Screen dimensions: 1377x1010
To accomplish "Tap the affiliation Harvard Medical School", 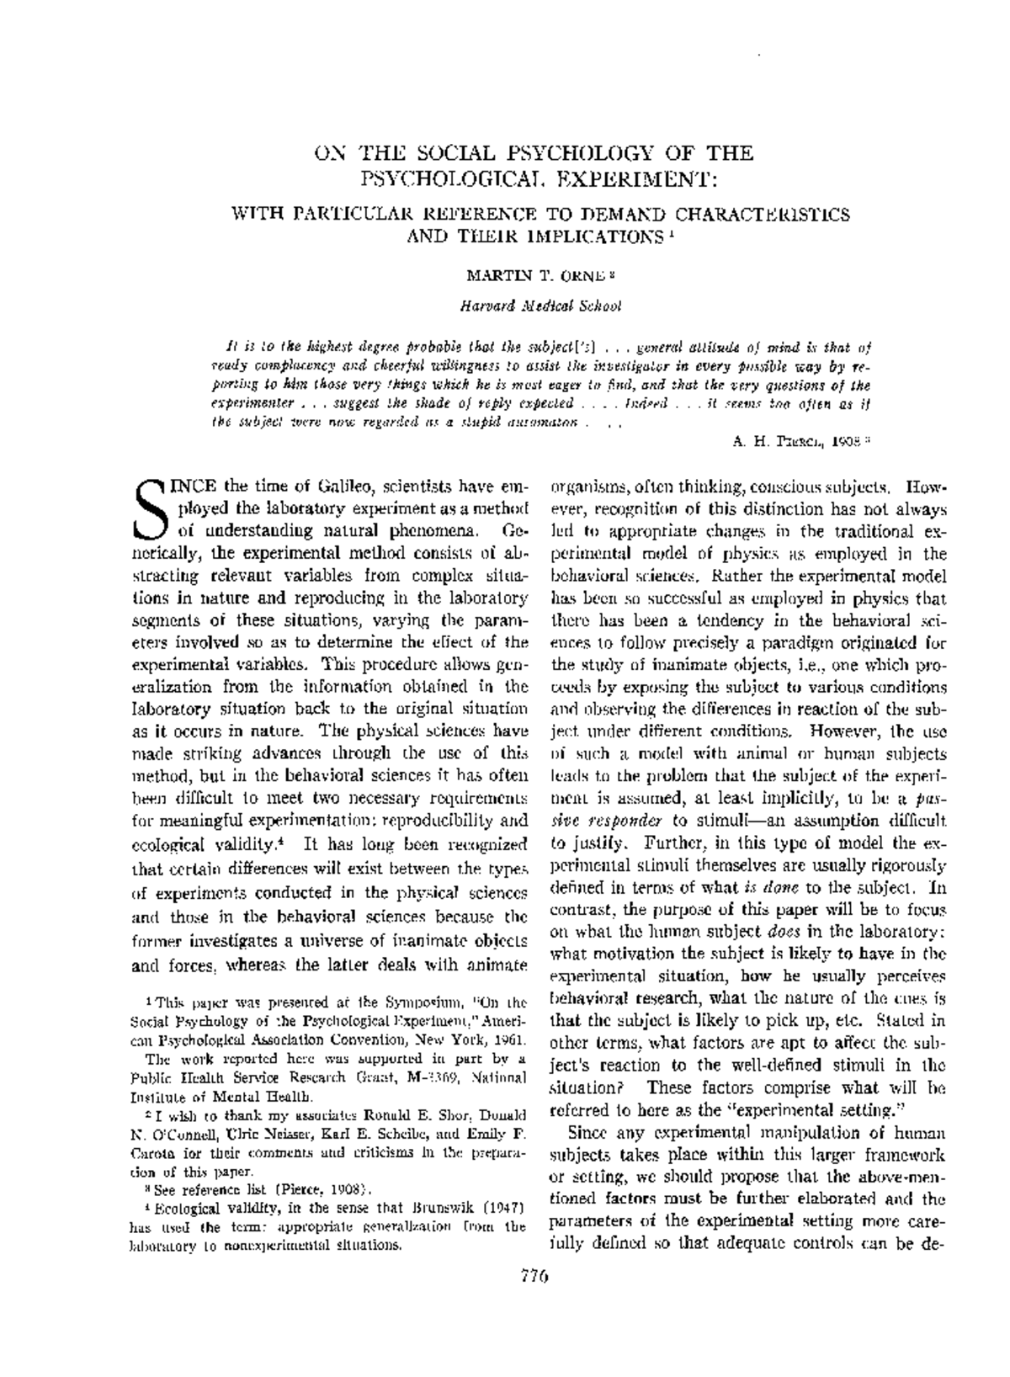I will (540, 306).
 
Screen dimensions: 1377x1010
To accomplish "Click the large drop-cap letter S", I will (149, 510).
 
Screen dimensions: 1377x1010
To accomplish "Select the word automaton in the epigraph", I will (538, 423).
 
